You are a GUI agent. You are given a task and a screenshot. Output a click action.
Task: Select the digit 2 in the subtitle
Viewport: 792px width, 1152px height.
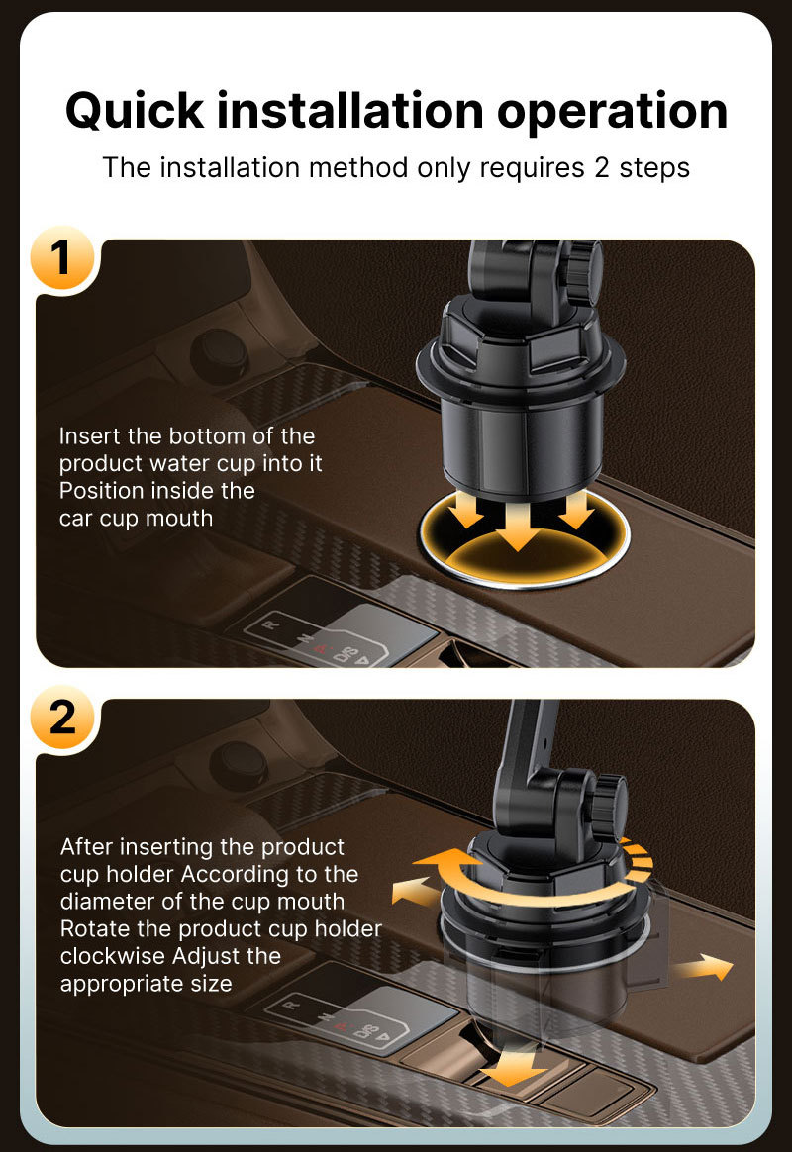click(x=602, y=168)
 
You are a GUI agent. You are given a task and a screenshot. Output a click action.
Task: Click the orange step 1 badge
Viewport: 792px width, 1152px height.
click(x=62, y=258)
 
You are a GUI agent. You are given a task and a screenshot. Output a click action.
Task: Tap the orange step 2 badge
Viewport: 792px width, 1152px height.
click(x=62, y=718)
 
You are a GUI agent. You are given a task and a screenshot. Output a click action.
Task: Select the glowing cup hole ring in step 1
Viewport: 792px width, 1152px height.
click(x=525, y=536)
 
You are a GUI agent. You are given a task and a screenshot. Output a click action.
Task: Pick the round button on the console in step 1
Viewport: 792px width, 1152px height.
click(x=219, y=356)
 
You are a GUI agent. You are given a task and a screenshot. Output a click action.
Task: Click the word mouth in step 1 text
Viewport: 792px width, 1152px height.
click(x=179, y=519)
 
